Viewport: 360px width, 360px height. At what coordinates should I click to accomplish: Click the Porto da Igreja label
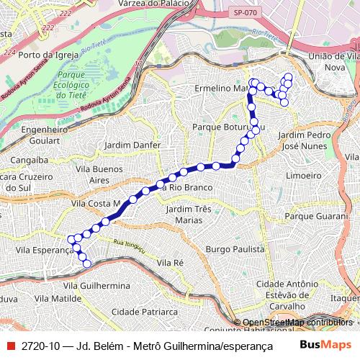tap(48, 54)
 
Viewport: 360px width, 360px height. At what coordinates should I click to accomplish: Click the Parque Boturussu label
tap(224, 127)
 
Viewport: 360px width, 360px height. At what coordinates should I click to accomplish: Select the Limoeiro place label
tap(303, 175)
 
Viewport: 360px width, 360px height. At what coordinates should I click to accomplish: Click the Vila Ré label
tap(171, 263)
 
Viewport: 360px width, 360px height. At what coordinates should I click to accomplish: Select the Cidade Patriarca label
tap(145, 312)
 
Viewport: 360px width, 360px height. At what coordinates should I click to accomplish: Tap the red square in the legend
tap(9, 346)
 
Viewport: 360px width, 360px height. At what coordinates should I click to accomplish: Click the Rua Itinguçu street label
tap(130, 247)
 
